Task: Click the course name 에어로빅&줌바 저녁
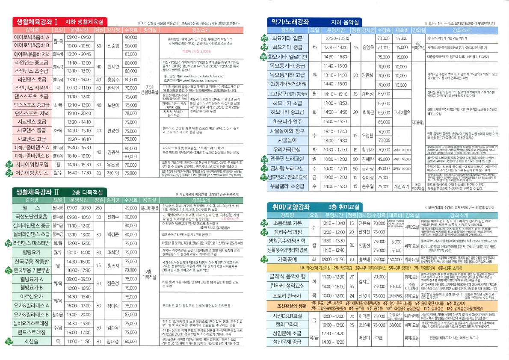click(x=32, y=54)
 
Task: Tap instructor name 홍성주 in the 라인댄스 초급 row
click(x=113, y=79)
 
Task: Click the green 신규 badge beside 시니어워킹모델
click(x=8, y=165)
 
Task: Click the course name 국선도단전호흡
click(x=32, y=217)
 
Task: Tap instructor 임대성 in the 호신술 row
click(x=113, y=342)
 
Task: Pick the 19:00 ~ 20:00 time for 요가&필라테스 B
click(x=79, y=315)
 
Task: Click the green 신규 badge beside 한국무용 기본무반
click(x=8, y=270)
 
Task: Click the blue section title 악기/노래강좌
click(x=291, y=21)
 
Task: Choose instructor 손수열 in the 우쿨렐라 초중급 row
click(x=367, y=186)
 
